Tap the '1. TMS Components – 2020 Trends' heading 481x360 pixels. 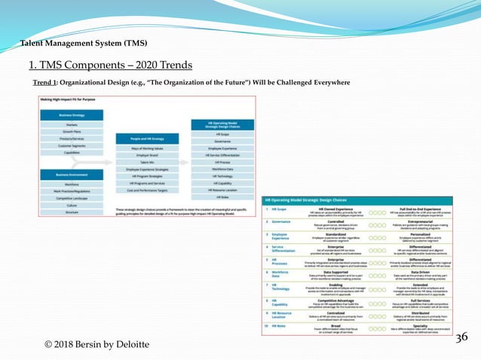click(x=110, y=65)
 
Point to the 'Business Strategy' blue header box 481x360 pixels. click(x=72, y=115)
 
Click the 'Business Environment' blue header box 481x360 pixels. click(x=72, y=175)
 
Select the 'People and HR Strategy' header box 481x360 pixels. click(x=147, y=139)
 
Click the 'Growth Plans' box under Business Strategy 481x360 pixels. click(x=72, y=132)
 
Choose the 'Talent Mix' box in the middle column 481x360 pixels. click(x=147, y=162)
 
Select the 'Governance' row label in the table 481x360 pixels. click(x=282, y=222)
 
